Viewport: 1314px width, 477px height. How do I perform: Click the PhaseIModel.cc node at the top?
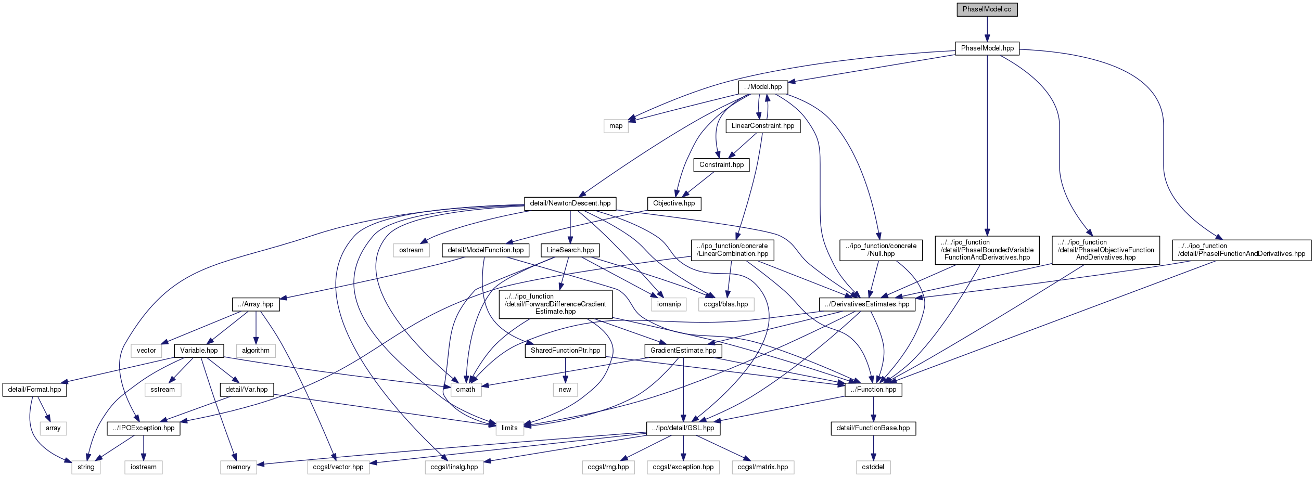(x=987, y=9)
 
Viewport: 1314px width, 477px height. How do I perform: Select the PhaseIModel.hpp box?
(x=987, y=48)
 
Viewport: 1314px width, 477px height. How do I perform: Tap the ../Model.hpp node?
(x=763, y=87)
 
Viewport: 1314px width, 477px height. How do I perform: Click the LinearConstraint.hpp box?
(x=763, y=126)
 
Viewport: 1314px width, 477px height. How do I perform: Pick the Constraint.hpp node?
(x=721, y=165)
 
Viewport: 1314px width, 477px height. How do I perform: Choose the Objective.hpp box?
(x=674, y=203)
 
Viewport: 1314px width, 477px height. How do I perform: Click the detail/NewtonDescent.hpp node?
(x=570, y=203)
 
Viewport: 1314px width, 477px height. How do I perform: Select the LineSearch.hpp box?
(x=570, y=250)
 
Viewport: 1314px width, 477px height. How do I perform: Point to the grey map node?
(x=616, y=126)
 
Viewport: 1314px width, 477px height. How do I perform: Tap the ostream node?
(x=411, y=250)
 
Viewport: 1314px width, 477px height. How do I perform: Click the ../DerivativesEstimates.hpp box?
(x=867, y=304)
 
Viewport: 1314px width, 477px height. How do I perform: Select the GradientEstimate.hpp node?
(x=683, y=351)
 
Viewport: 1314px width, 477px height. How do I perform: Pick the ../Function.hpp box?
(x=873, y=390)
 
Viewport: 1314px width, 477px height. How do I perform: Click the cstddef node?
(x=873, y=467)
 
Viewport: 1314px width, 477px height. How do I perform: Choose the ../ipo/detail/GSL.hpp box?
(x=684, y=428)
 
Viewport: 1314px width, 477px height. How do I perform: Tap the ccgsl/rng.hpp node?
(x=608, y=467)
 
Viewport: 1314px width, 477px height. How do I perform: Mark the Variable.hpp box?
(x=199, y=351)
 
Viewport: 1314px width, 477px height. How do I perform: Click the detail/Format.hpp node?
(x=34, y=390)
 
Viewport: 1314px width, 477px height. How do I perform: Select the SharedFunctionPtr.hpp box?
(x=565, y=351)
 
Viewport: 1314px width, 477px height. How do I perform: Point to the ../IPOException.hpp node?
(x=144, y=428)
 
